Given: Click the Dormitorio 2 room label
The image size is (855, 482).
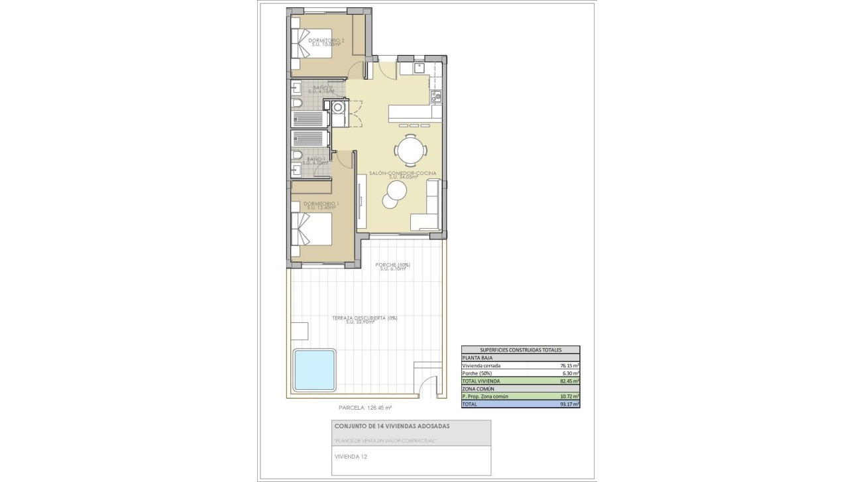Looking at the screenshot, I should (x=327, y=42).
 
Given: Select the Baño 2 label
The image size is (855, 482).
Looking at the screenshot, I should (x=323, y=89).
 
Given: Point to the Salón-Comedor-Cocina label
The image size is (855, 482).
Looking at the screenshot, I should (x=402, y=174).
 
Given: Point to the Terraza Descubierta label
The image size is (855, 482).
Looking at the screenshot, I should (x=365, y=320).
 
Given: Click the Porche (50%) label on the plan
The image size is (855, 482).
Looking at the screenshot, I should (x=393, y=267).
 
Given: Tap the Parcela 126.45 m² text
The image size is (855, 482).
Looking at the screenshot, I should (x=365, y=408).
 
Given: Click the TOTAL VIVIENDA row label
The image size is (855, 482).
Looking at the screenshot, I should (x=481, y=381).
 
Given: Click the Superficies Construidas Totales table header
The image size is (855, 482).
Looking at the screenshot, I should (x=520, y=349).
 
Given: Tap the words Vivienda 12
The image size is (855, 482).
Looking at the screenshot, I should (x=351, y=457).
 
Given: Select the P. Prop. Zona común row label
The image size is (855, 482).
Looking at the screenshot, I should (x=485, y=396).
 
